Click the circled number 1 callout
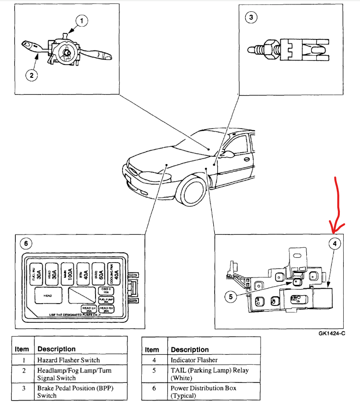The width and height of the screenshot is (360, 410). [81, 20]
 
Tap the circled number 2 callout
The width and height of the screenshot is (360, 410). [31, 75]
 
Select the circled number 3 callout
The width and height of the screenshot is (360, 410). [251, 17]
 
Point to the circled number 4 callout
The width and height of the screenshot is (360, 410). [333, 243]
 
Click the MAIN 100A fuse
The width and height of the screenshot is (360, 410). [67, 273]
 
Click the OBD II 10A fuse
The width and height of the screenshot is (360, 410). [106, 291]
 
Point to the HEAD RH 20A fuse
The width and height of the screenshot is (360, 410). [106, 309]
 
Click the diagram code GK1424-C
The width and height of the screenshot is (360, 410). [332, 333]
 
